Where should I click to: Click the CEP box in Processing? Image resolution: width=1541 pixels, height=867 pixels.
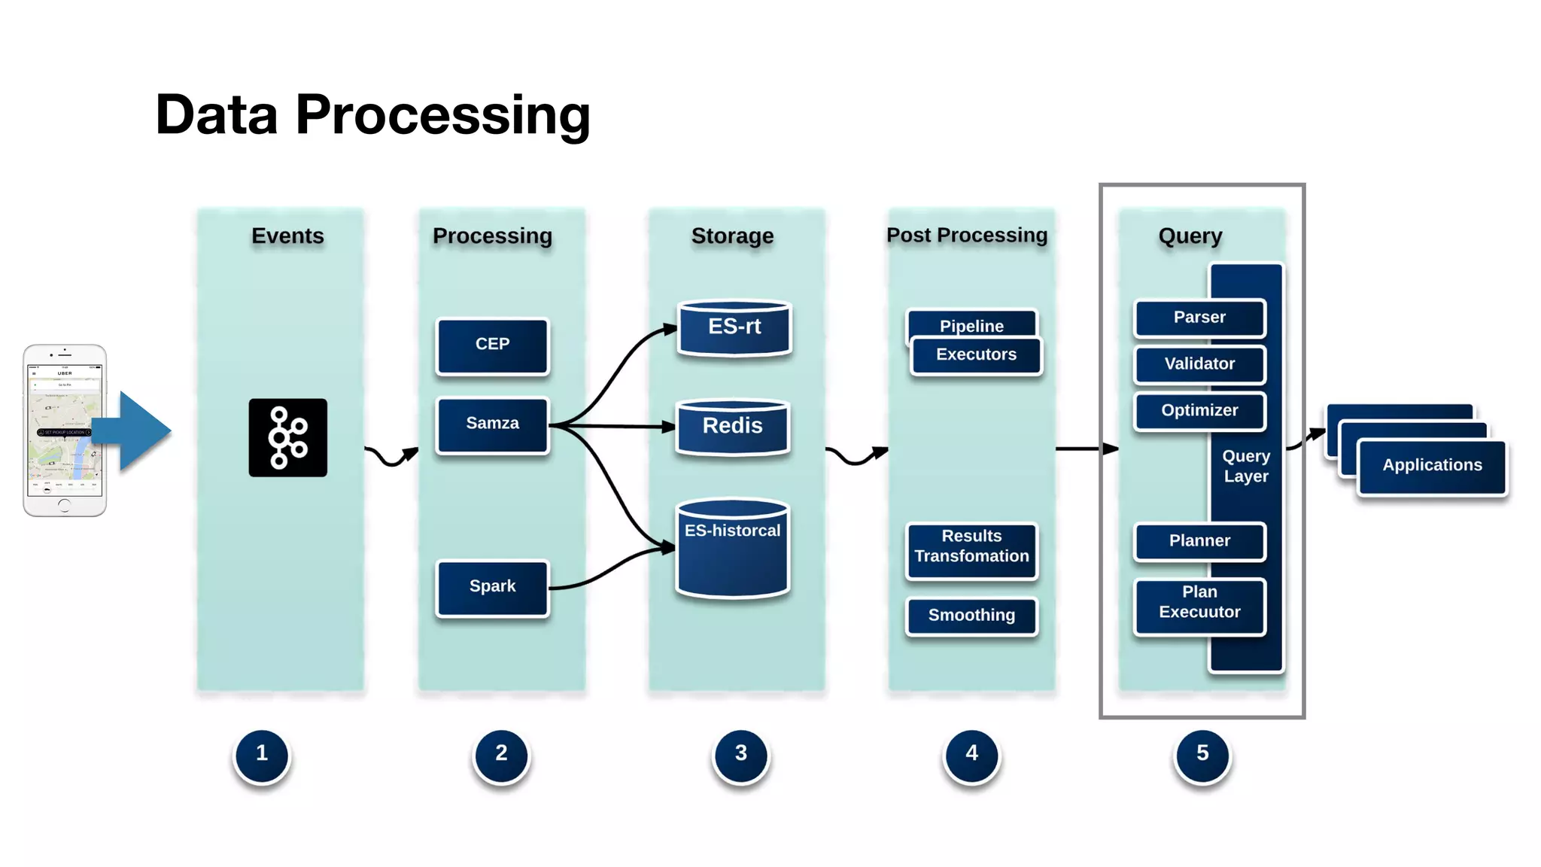492,345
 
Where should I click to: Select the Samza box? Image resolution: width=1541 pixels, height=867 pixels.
492,424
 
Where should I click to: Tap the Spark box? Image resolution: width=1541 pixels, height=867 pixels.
492,587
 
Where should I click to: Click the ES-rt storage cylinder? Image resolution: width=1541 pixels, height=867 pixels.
734,328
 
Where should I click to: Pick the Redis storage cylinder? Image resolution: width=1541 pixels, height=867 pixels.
732,427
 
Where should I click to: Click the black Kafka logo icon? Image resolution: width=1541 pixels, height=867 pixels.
287,437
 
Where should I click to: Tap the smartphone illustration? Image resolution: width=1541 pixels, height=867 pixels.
64,430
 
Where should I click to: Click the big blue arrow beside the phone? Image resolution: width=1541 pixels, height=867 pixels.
139,430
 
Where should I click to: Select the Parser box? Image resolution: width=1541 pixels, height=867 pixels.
1199,318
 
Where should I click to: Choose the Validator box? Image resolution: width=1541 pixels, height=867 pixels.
1199,365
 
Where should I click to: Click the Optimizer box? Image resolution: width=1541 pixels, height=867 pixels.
1199,411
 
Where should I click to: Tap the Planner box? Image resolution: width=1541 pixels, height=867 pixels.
1199,541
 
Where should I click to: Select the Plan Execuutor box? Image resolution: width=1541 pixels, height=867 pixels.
1199,604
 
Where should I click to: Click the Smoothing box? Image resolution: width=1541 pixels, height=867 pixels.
971,616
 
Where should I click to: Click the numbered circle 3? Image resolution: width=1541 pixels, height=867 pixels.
740,754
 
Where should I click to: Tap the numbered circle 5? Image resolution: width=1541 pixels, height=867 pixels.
1202,754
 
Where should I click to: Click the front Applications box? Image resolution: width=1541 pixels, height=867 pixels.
1432,467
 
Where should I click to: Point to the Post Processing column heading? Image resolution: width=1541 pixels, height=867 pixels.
967,236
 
